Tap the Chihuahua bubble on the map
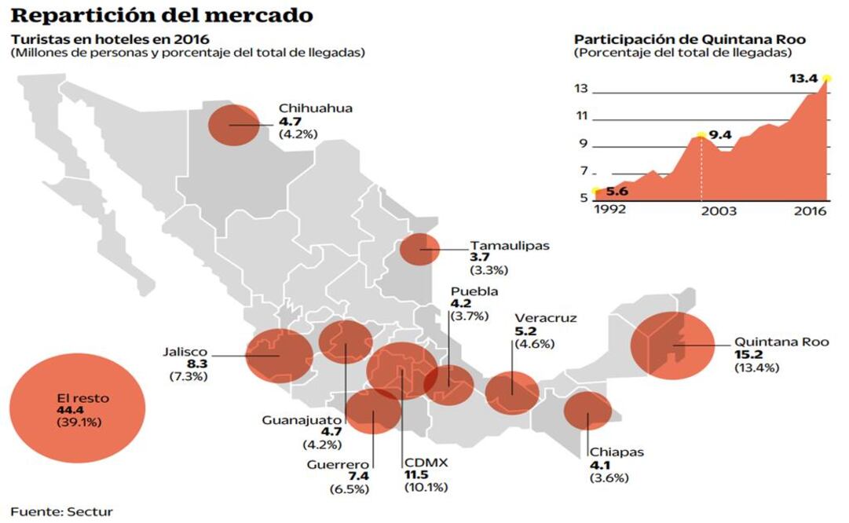(x=233, y=125)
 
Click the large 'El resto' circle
(x=77, y=409)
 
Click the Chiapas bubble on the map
(x=587, y=411)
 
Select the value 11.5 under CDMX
(x=416, y=475)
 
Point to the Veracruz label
(x=545, y=318)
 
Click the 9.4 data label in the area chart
(x=719, y=136)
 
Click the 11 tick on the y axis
(x=580, y=116)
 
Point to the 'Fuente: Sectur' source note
(x=61, y=511)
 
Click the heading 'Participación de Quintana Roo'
(x=690, y=39)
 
